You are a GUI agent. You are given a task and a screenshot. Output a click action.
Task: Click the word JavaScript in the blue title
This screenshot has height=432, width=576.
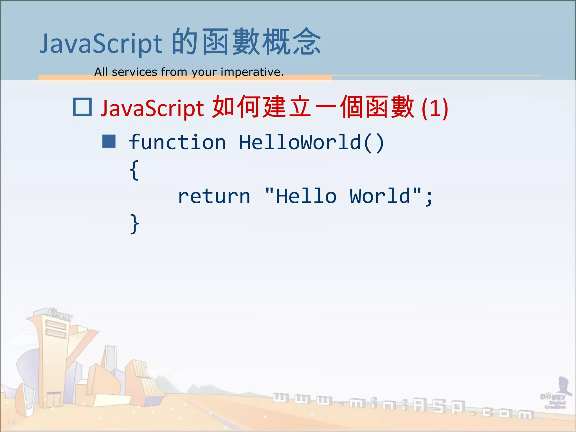pyautogui.click(x=101, y=44)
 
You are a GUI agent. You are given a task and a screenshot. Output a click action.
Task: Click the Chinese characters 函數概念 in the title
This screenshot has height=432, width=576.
pyautogui.click(x=262, y=42)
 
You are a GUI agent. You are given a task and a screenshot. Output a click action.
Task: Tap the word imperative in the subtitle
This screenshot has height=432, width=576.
pyautogui.click(x=252, y=72)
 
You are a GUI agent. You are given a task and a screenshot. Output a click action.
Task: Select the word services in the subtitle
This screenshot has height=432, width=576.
pyautogui.click(x=134, y=72)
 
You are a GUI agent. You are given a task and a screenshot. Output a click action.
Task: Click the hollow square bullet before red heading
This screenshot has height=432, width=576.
pyautogui.click(x=82, y=107)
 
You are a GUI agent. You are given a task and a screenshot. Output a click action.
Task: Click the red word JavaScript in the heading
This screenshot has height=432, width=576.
pyautogui.click(x=152, y=108)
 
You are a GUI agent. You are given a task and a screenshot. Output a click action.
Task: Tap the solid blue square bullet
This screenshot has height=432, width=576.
pyautogui.click(x=109, y=141)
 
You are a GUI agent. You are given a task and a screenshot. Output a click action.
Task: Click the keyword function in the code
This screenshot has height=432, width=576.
pyautogui.click(x=177, y=142)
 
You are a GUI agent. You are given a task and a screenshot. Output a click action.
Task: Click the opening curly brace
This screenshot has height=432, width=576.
pyautogui.click(x=134, y=170)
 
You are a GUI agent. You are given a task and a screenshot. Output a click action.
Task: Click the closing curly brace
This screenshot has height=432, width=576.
pyautogui.click(x=134, y=224)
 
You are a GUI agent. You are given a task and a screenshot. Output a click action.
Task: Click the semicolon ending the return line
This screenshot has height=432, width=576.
pyautogui.click(x=429, y=197)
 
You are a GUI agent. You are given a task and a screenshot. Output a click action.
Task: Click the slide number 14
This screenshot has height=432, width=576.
pyautogui.click(x=11, y=422)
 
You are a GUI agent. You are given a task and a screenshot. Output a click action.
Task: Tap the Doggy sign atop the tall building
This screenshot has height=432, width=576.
pyautogui.click(x=59, y=314)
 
